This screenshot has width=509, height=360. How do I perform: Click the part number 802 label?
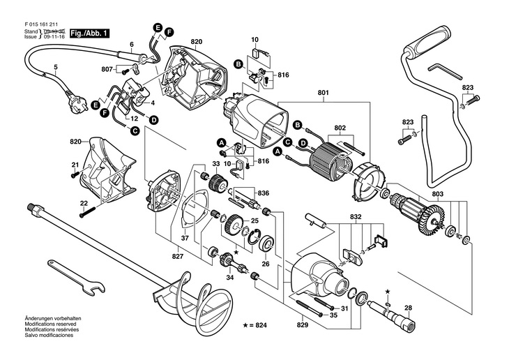click(x=340, y=128)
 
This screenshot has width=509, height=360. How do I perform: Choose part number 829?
click(x=303, y=325)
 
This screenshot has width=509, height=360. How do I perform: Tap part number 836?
click(x=263, y=193)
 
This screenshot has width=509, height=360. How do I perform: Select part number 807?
click(x=107, y=69)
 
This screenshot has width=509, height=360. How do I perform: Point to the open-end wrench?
click(x=77, y=275)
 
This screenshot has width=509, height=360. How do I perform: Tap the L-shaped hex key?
click(x=441, y=70)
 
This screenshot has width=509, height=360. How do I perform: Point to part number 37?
click(x=185, y=237)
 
